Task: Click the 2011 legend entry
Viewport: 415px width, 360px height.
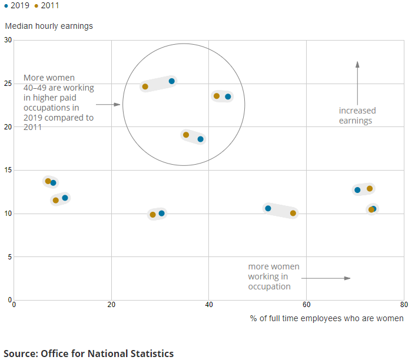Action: (x=47, y=6)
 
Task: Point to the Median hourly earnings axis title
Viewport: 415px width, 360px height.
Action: (x=49, y=26)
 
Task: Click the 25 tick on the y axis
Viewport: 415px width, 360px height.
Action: (x=8, y=84)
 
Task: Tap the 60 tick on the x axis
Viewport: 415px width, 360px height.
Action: (x=306, y=305)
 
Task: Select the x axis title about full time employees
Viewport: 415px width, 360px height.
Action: (x=327, y=318)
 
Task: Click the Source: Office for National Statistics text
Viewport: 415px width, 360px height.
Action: (x=89, y=354)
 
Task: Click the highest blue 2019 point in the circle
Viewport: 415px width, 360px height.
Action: (x=172, y=81)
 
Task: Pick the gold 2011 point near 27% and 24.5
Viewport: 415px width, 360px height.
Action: (x=145, y=87)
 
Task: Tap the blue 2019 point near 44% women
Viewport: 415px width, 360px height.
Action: (x=228, y=96)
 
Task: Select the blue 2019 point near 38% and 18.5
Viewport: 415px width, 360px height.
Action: (x=200, y=139)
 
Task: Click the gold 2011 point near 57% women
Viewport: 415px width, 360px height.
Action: (x=293, y=213)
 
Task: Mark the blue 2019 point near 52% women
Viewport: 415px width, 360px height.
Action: (x=268, y=208)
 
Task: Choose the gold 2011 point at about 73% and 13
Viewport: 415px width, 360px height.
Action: (x=370, y=189)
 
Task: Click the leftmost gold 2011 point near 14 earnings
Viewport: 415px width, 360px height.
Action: (x=48, y=181)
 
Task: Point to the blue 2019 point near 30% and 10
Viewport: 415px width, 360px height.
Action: (x=161, y=213)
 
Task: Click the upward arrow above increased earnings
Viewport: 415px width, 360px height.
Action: (x=357, y=76)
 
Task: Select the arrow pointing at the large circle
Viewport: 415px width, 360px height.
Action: (x=108, y=105)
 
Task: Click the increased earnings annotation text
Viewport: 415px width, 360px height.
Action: (x=357, y=115)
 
